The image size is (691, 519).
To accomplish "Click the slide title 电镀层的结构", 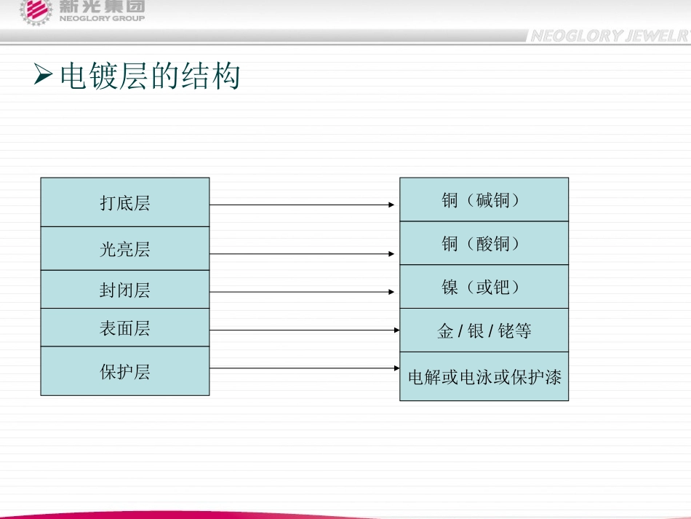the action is (150, 76).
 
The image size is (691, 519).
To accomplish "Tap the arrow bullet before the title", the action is (43, 74).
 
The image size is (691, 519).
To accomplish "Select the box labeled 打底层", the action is (125, 202).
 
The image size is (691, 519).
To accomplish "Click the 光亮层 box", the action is (125, 249).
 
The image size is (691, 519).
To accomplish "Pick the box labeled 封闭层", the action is (125, 289).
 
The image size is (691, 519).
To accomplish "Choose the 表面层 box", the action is (125, 327).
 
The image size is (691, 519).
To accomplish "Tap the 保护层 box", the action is (125, 371).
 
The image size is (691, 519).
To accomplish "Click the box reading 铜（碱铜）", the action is (484, 199).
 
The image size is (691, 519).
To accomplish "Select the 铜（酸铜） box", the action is (484, 243).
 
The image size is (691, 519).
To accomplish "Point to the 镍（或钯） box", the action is (484, 287).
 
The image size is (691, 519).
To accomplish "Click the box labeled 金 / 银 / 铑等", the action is (484, 330).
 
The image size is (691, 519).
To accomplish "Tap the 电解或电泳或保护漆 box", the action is (484, 376).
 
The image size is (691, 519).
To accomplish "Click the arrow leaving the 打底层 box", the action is (302, 205).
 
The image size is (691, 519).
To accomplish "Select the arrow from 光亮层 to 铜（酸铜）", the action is (302, 253).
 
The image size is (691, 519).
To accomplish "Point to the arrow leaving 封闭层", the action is (302, 292).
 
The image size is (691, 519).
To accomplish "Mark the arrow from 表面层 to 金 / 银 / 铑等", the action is (305, 330).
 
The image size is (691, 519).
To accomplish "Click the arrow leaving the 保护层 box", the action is (305, 368).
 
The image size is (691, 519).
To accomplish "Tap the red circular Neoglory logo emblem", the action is (36, 11).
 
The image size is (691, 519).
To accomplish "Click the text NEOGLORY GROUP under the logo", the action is (102, 18).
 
